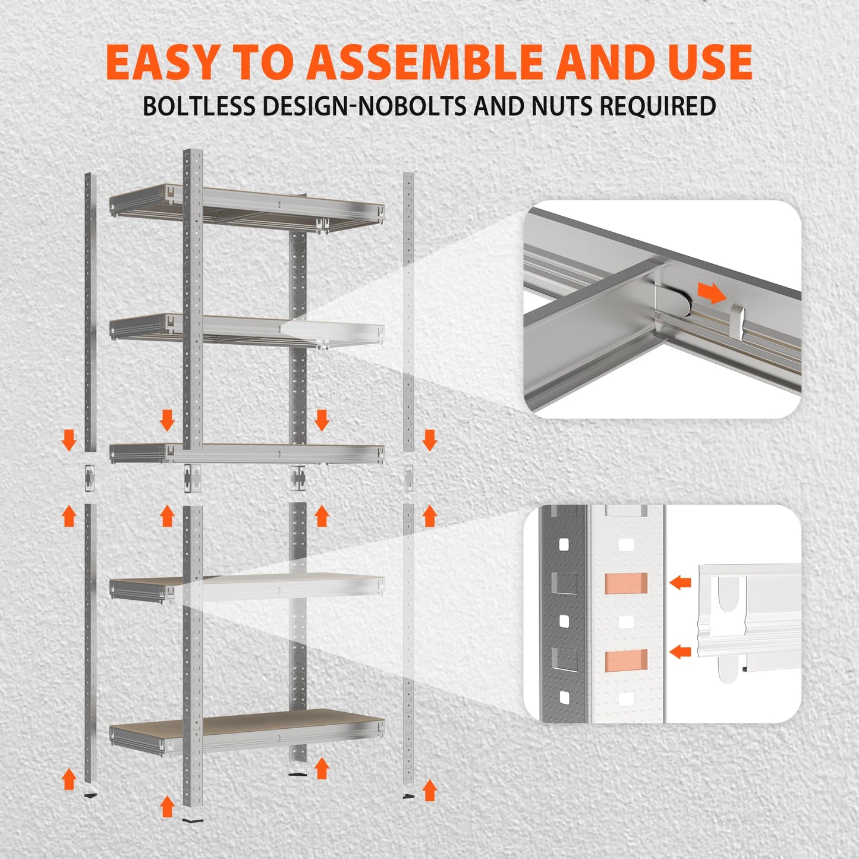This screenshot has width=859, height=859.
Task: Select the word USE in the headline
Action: [710, 62]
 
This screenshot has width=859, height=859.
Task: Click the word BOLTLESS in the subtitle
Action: [199, 106]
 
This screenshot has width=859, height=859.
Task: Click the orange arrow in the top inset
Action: [712, 292]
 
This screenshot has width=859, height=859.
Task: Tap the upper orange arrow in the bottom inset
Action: [680, 583]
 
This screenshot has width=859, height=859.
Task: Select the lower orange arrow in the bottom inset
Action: [680, 652]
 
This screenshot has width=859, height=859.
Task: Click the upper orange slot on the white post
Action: [625, 583]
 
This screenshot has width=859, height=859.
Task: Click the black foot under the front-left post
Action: [192, 820]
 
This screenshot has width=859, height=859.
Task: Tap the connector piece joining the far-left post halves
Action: [89, 478]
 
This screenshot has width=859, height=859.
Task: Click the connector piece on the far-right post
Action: [409, 478]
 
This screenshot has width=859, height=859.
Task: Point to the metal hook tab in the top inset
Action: [737, 320]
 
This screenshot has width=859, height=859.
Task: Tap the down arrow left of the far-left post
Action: [70, 440]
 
